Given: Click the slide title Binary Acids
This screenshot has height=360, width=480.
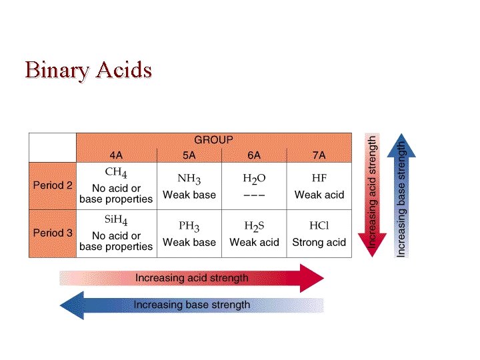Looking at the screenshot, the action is point(88,69).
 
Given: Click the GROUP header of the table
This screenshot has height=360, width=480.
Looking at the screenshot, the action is point(213,140).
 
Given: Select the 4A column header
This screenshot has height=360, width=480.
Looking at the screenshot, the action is point(116,155).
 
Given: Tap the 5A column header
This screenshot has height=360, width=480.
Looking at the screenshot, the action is point(189,155).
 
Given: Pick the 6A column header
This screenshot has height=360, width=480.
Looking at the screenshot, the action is point(254,155).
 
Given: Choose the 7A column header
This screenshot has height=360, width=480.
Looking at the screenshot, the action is point(319,155).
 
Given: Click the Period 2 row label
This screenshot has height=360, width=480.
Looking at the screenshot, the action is point(53,186).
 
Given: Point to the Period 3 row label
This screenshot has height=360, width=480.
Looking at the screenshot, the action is point(53,233).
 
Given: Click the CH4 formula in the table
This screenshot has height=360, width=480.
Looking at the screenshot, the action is point(117,175).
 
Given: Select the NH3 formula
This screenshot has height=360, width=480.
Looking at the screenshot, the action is point(189,179).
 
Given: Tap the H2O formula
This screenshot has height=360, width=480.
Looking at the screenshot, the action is point(254,179).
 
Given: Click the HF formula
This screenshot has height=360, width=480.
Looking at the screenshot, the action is point(319,179).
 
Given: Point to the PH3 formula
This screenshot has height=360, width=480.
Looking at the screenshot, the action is point(189,226).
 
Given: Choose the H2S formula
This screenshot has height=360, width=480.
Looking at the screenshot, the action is point(254,226).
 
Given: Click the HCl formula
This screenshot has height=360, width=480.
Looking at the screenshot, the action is point(319,225).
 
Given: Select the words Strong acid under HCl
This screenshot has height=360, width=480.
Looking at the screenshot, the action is point(319,242).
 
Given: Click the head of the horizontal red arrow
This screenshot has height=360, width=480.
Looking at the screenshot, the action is point(312,278).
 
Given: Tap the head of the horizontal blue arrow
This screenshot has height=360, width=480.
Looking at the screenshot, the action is point(71,305).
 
